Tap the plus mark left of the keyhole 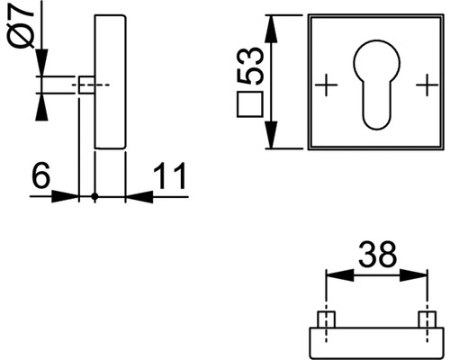point(326,85)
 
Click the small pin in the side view point(85,85)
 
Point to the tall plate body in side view point(108,81)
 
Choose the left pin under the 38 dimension point(326,319)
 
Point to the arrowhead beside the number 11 point(134,195)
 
